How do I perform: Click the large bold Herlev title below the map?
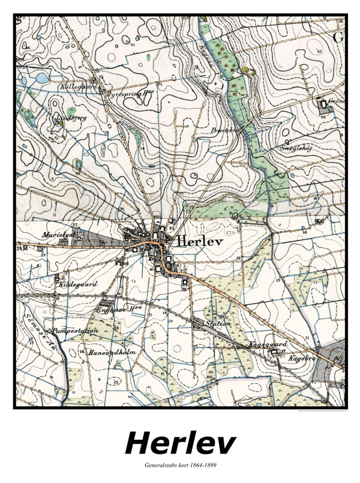[180, 444]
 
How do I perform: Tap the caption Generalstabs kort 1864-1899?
[180, 466]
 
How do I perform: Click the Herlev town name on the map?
[200, 241]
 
